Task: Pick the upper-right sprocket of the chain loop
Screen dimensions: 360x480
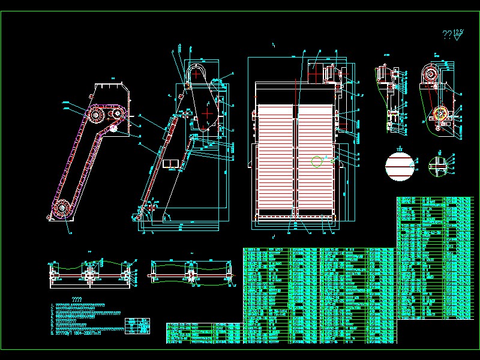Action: tap(116, 115)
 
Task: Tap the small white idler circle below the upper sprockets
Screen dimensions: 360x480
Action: tap(112, 127)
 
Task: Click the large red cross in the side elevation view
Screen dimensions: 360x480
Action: tap(207, 112)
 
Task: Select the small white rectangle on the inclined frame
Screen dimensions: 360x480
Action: tap(170, 163)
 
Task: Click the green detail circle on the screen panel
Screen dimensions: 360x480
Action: tap(317, 161)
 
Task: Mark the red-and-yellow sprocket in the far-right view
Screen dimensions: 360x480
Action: tap(442, 113)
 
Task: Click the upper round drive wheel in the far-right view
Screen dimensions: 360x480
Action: tap(431, 74)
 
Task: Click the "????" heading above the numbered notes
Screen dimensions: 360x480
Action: tap(77, 299)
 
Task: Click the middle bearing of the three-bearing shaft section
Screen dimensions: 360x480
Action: tap(88, 276)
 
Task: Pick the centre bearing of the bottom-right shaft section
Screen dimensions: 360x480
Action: tap(191, 275)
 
